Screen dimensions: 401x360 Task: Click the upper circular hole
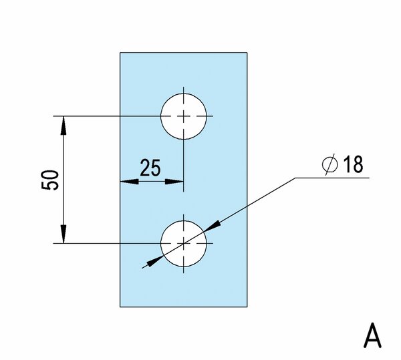184,116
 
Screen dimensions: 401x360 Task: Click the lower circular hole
184,244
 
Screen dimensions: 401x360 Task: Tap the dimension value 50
49,180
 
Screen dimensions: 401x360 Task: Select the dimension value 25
150,168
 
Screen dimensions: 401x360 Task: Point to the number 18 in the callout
353,164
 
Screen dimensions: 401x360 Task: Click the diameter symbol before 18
329,164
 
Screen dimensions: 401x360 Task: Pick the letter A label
372,335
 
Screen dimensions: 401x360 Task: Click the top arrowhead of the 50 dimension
63,126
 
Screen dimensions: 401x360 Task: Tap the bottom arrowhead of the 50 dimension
63,234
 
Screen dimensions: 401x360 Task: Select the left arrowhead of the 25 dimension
130,182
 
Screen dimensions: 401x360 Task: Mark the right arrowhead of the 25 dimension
174,182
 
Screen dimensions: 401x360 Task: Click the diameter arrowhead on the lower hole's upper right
213,226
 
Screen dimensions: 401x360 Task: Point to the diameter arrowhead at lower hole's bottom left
155,260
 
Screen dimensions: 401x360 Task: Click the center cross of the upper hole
184,116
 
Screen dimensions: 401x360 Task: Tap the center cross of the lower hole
184,244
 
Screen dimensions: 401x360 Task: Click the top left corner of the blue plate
120,53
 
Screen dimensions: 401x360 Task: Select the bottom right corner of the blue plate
247,307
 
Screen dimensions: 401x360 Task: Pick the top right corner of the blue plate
247,53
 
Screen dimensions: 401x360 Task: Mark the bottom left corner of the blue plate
120,307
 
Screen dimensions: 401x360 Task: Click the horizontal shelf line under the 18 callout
332,178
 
